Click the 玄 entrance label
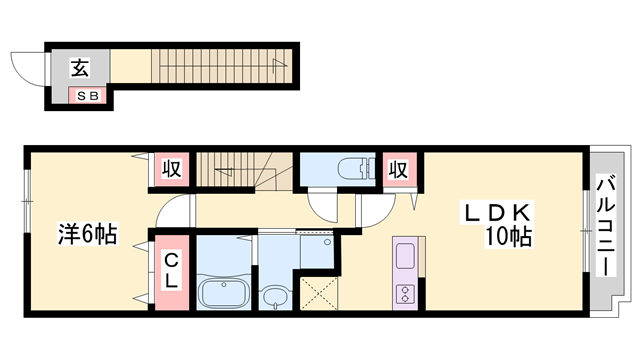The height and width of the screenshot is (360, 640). (x=80, y=68)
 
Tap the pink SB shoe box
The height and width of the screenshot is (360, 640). (x=87, y=96)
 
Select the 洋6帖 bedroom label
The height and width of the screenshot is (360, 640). (x=88, y=233)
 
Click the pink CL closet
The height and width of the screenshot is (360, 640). (x=172, y=272)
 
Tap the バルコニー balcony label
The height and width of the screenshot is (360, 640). (x=606, y=225)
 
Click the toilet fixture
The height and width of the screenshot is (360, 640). (x=356, y=169)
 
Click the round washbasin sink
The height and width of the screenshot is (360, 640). (x=276, y=297)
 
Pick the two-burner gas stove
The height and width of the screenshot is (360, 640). (x=405, y=294)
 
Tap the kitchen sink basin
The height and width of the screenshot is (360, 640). (x=405, y=256)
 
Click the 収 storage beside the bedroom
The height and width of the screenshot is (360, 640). (x=171, y=169)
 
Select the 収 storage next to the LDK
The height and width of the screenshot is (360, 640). (x=399, y=169)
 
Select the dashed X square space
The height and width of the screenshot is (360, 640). (x=319, y=293)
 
